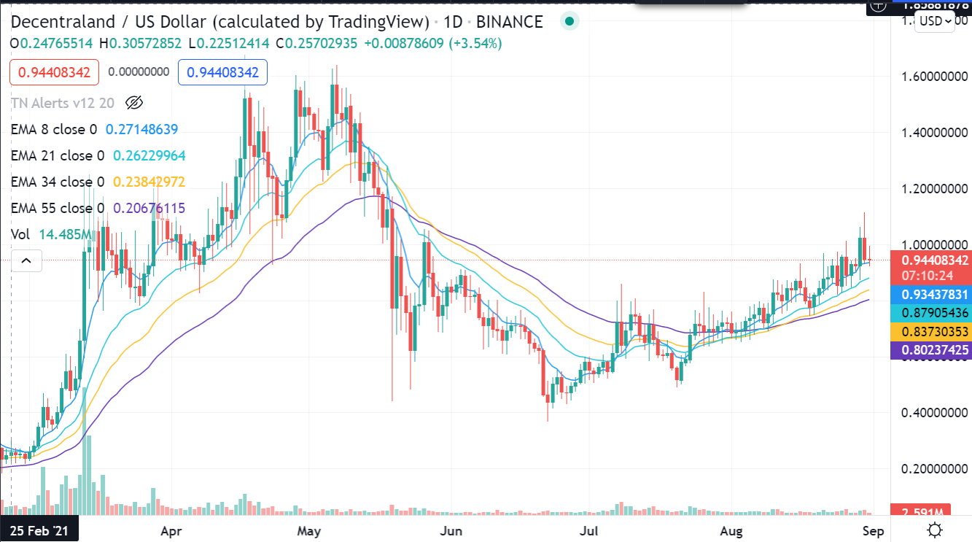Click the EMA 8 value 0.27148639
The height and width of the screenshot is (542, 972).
point(142,129)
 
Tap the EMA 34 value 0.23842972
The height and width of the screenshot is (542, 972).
point(149,182)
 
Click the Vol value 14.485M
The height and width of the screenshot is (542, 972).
point(65,234)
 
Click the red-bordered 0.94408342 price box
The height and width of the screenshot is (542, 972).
point(55,72)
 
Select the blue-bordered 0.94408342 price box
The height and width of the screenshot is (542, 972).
point(223,72)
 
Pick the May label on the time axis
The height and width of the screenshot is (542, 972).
point(310,530)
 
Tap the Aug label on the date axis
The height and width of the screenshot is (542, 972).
point(731,530)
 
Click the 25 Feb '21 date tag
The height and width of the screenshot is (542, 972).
point(39,530)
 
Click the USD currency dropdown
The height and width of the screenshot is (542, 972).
point(935,20)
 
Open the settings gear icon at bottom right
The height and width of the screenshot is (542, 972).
point(935,530)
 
